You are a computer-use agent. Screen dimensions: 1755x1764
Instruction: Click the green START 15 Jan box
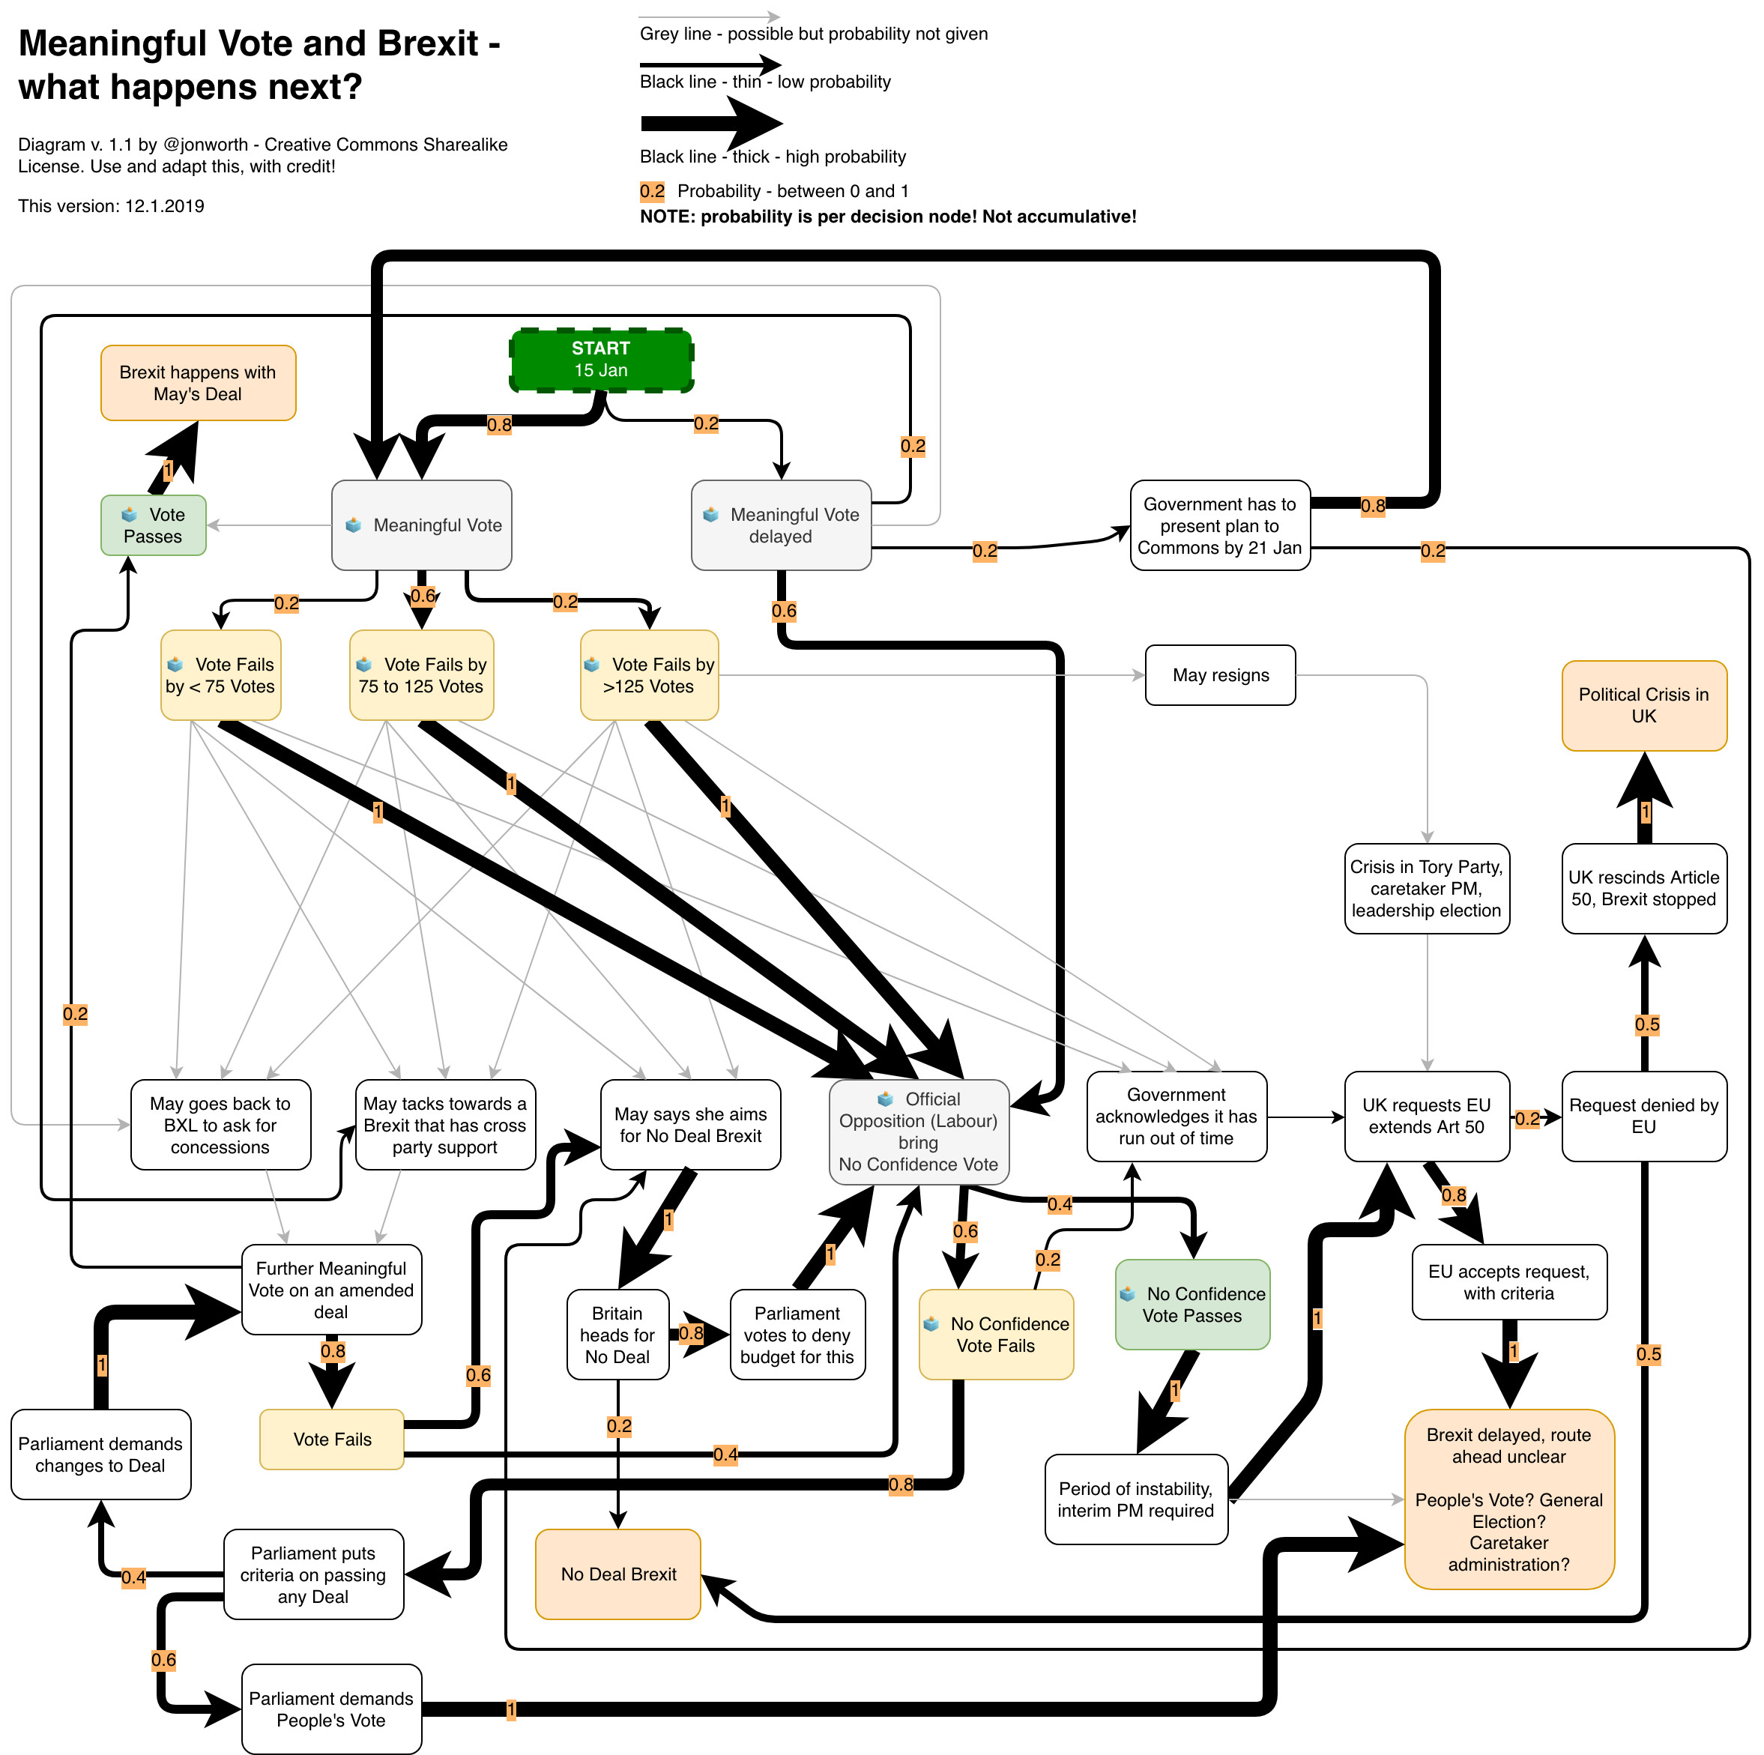pos(601,360)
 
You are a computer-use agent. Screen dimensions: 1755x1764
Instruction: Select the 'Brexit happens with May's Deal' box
pos(198,384)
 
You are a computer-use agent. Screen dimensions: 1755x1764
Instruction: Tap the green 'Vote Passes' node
pos(154,525)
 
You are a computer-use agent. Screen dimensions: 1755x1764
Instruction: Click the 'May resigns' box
pos(1220,676)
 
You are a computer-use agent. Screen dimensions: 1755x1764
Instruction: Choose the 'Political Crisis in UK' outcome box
pos(1643,706)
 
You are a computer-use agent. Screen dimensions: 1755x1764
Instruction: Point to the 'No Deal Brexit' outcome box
pos(618,1574)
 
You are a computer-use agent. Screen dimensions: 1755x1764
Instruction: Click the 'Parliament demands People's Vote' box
pos(331,1709)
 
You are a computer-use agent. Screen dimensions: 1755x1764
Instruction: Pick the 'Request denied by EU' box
pos(1643,1116)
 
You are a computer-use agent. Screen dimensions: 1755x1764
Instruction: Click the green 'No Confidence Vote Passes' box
pos(1192,1305)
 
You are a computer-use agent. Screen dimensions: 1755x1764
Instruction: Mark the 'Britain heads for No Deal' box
pos(617,1335)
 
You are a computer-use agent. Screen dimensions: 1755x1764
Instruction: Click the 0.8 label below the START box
pos(499,425)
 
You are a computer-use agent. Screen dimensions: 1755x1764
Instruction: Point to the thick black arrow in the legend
pos(712,124)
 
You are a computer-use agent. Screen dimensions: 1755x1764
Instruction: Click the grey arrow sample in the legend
pos(708,16)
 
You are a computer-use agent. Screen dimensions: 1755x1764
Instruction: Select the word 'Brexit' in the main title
pos(427,43)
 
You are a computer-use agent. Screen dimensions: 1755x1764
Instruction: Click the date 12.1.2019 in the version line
pos(164,206)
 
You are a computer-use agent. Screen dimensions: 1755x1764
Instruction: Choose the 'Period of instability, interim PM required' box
pos(1136,1499)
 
